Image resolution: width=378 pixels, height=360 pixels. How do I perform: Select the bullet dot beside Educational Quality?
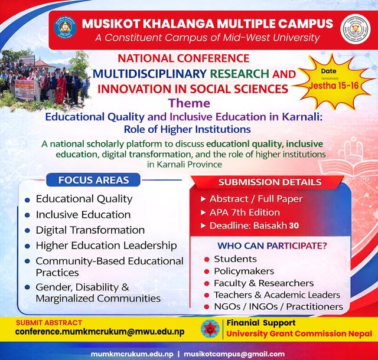(27, 200)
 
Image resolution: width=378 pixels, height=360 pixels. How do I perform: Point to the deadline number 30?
(294, 226)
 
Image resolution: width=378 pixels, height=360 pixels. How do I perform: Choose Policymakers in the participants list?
(244, 271)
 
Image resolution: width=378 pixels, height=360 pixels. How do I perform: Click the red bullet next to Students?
(206, 260)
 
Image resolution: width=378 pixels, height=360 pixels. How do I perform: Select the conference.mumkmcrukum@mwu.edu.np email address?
(100, 332)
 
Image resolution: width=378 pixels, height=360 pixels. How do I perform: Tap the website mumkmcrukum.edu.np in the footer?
(132, 354)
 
